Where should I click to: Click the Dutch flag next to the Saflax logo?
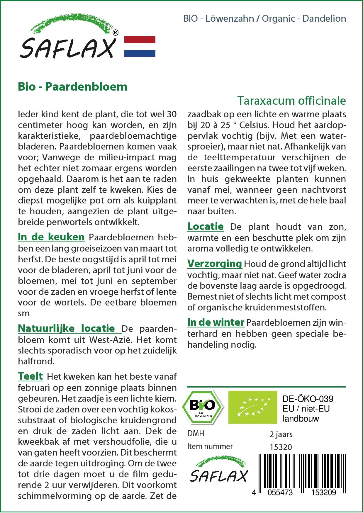pyautogui.click(x=140, y=46)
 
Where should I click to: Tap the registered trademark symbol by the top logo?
pyautogui.click(x=116, y=33)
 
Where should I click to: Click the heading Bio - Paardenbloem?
pyautogui.click(x=72, y=87)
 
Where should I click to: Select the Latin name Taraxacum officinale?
pyautogui.click(x=291, y=101)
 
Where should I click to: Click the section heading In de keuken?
pyautogui.click(x=51, y=237)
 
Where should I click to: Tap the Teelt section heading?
pyautogui.click(x=30, y=376)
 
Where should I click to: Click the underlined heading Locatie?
pyautogui.click(x=205, y=226)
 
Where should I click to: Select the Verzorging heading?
pyautogui.click(x=215, y=264)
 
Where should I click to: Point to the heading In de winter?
pyautogui.click(x=216, y=322)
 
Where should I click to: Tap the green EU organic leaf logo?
pyautogui.click(x=252, y=407)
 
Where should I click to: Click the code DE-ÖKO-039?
pyautogui.click(x=308, y=399)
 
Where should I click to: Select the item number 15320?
pyautogui.click(x=281, y=447)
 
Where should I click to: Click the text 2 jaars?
pyautogui.click(x=281, y=434)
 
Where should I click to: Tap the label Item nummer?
pyautogui.click(x=210, y=446)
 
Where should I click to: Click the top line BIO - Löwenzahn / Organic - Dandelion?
pyautogui.click(x=264, y=18)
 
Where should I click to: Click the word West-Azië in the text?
pyautogui.click(x=111, y=340)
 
